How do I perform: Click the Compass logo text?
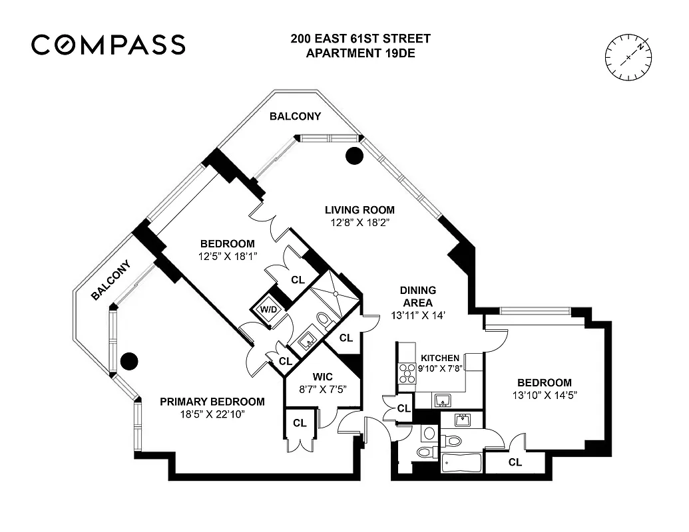(x=108, y=45)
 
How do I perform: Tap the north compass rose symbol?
(x=629, y=58)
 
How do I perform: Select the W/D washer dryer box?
(x=269, y=309)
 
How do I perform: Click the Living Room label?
(x=360, y=209)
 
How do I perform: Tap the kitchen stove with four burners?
(x=406, y=374)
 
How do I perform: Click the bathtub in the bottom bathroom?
(x=461, y=462)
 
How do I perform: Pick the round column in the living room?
(x=354, y=156)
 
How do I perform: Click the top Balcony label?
(x=295, y=116)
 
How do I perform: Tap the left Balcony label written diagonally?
(x=111, y=280)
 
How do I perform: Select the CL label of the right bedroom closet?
(x=515, y=462)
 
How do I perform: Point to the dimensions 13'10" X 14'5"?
(x=544, y=395)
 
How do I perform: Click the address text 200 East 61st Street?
(x=360, y=39)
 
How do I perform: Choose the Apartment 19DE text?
(x=360, y=53)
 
